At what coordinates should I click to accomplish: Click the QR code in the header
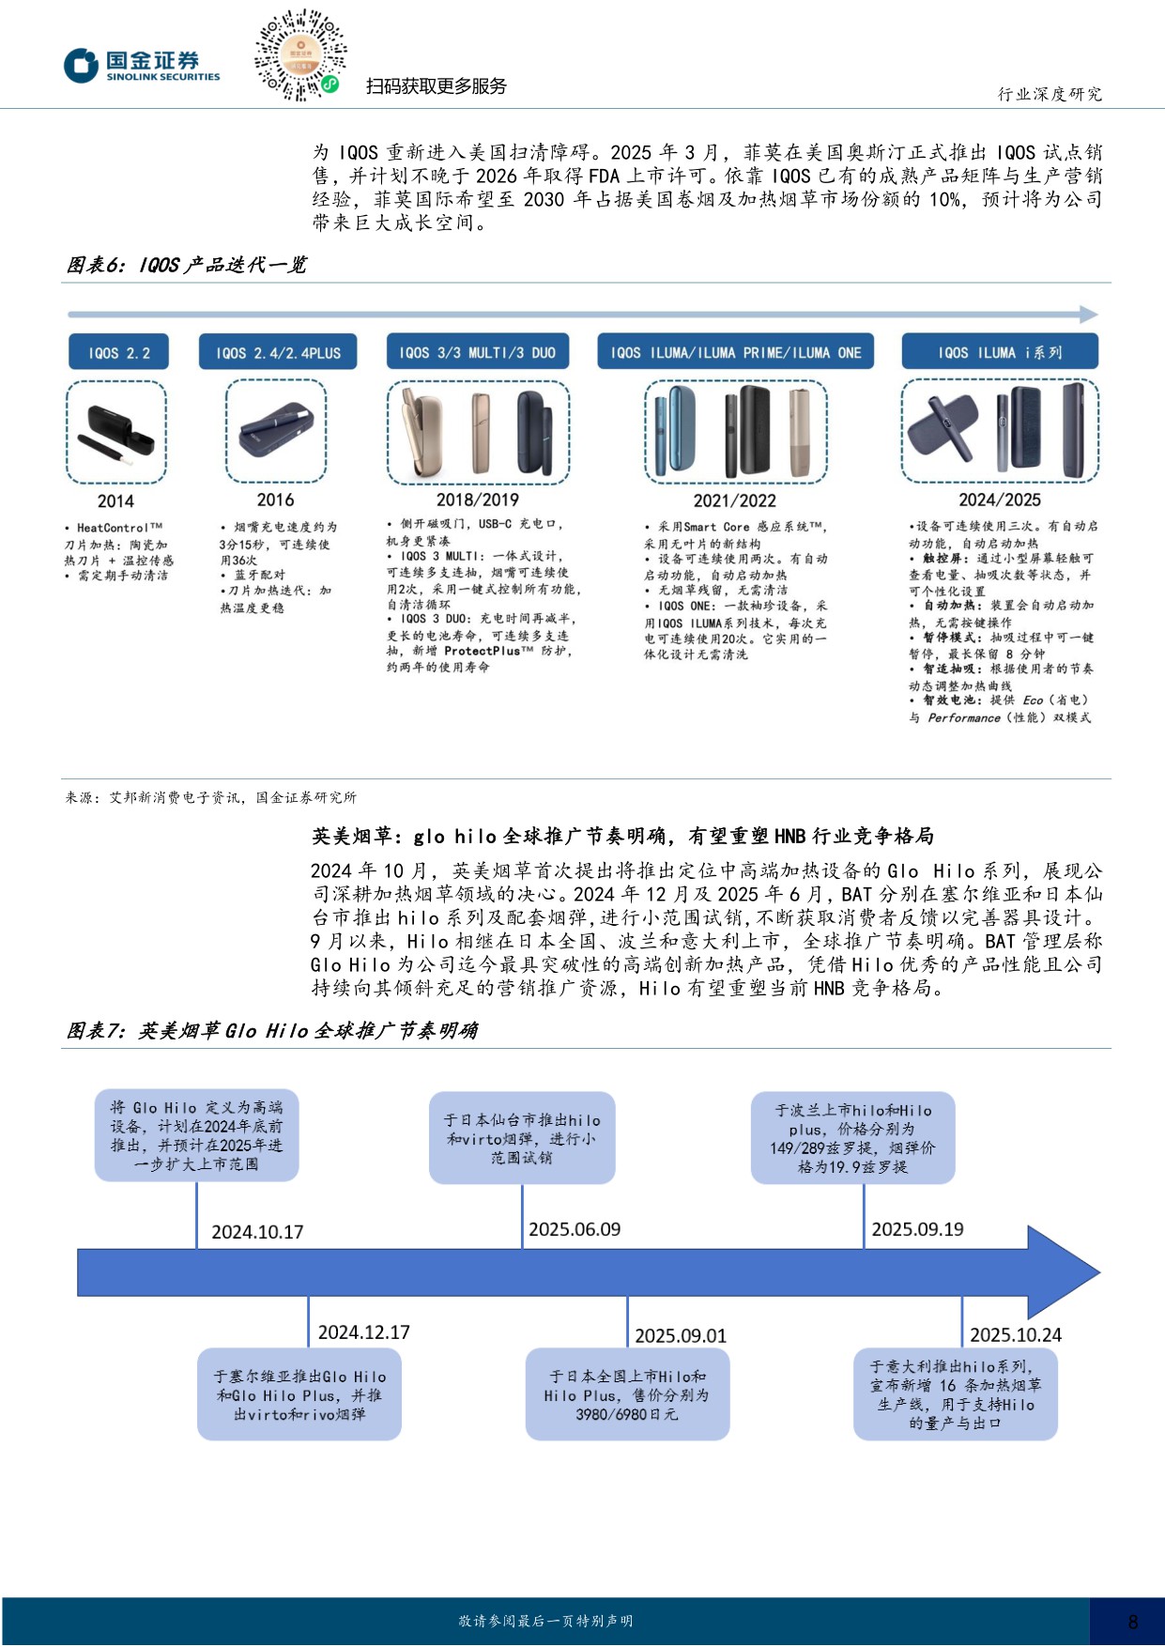click(x=300, y=55)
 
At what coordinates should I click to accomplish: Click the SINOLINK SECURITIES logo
click(x=142, y=66)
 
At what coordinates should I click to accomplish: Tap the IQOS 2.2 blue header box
click(x=118, y=353)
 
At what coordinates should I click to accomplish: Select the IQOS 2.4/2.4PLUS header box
click(x=278, y=353)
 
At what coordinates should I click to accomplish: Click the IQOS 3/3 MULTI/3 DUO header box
click(x=477, y=353)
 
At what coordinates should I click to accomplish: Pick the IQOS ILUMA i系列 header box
click(x=999, y=353)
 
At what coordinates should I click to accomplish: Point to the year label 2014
click(x=115, y=501)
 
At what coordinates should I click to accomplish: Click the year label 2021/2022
click(x=734, y=501)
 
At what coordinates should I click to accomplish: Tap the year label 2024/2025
click(x=999, y=500)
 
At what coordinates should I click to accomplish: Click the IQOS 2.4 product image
click(x=276, y=432)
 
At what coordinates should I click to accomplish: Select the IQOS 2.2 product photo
click(x=116, y=433)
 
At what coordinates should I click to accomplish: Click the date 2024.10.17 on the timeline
click(x=257, y=1232)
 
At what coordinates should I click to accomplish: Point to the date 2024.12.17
click(x=363, y=1332)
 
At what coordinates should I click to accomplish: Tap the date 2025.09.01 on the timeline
click(x=681, y=1335)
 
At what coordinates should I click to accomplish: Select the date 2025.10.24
click(x=1015, y=1334)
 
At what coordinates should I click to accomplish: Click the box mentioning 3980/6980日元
click(x=627, y=1394)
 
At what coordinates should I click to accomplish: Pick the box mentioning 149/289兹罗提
click(x=852, y=1137)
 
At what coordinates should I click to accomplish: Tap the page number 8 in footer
click(x=1132, y=1622)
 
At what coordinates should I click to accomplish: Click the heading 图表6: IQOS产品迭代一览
click(x=186, y=266)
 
